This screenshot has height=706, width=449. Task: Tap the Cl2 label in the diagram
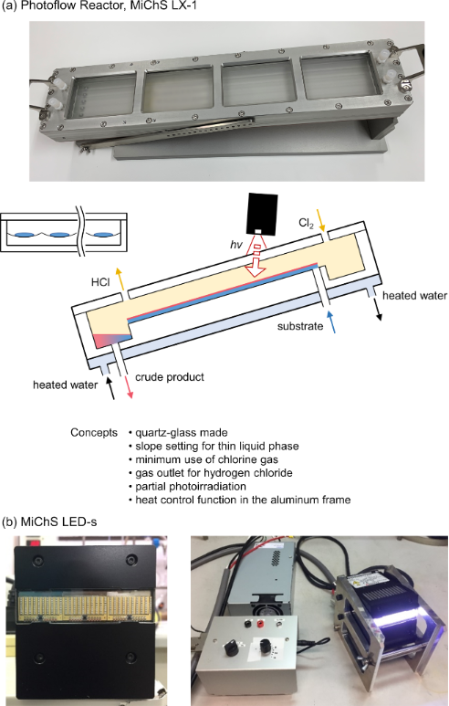click(x=306, y=224)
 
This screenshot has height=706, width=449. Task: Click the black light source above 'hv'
click(x=262, y=214)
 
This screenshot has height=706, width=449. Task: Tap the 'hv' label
click(x=236, y=245)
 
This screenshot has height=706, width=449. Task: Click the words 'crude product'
click(x=170, y=377)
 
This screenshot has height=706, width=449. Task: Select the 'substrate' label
click(x=300, y=326)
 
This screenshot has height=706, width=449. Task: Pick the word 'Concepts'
click(x=94, y=433)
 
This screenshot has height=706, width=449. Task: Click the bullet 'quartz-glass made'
click(x=182, y=433)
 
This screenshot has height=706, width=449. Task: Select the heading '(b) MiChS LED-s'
click(x=49, y=522)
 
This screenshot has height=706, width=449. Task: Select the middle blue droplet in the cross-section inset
click(x=59, y=235)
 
